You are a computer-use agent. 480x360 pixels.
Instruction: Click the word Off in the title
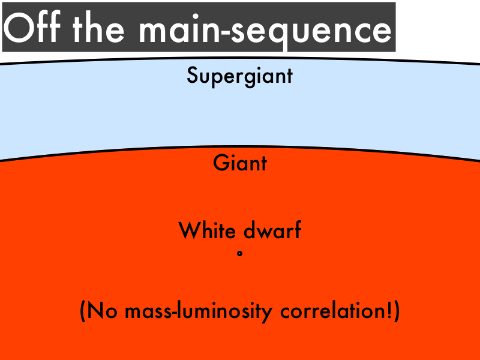pyautogui.click(x=32, y=27)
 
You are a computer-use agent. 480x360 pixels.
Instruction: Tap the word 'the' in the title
pyautogui.click(x=98, y=28)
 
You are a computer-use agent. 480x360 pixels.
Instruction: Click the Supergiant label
pyautogui.click(x=239, y=76)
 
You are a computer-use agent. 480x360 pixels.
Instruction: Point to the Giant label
pyautogui.click(x=239, y=163)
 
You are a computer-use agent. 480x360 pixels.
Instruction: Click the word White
pyautogui.click(x=207, y=230)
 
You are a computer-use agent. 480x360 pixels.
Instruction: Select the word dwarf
pyautogui.click(x=272, y=230)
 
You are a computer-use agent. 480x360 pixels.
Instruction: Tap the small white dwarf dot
pyautogui.click(x=239, y=253)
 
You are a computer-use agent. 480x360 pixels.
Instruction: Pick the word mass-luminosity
pyautogui.click(x=199, y=311)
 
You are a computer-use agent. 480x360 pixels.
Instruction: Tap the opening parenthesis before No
pyautogui.click(x=82, y=311)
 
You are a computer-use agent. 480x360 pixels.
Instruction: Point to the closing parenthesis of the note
pyautogui.click(x=397, y=311)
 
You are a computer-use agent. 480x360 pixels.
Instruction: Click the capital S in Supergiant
pyautogui.click(x=192, y=76)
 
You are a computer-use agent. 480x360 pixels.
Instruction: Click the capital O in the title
pyautogui.click(x=19, y=28)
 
